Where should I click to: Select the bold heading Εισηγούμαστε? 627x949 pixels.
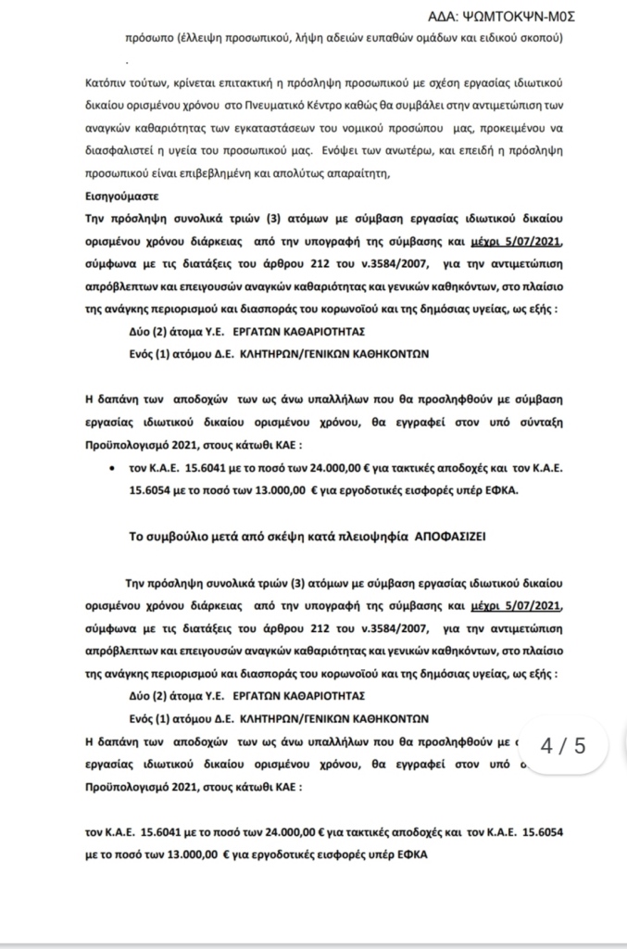tap(120, 196)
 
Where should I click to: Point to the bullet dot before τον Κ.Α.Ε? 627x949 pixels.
tap(112, 469)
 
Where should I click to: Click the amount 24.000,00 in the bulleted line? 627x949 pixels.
tap(326, 469)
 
